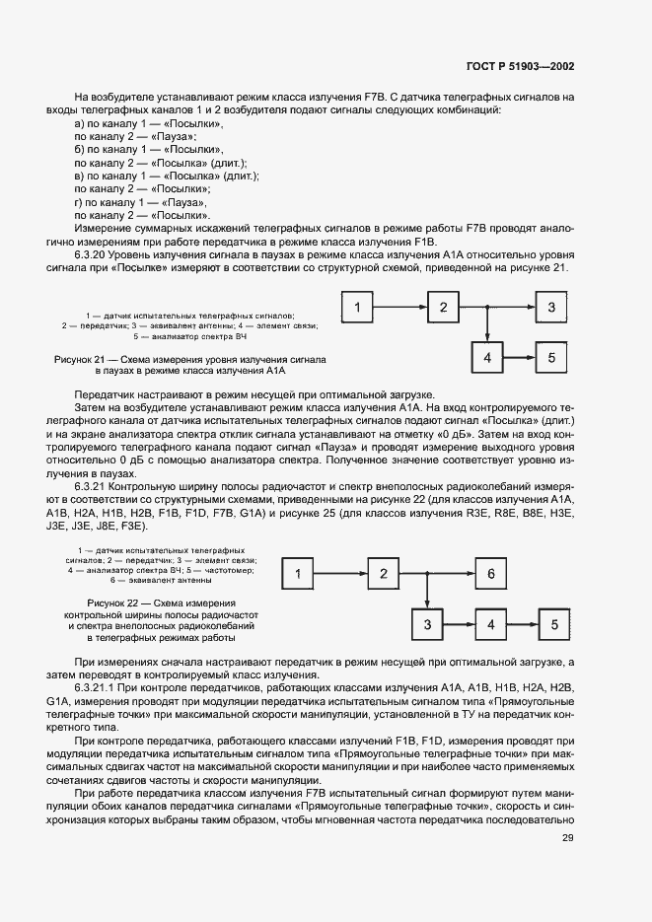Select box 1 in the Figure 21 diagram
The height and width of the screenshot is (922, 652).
(358, 309)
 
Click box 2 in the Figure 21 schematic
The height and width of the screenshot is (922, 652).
(444, 309)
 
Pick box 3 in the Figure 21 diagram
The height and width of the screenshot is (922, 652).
(551, 309)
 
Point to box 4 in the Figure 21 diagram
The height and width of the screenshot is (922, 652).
(487, 358)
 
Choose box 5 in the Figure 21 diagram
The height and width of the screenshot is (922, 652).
(551, 358)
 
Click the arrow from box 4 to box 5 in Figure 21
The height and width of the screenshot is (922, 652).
(520, 358)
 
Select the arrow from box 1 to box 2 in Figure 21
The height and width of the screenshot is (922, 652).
(401, 309)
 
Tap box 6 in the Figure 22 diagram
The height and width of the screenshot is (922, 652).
(491, 574)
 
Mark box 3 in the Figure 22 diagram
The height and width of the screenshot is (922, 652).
(427, 624)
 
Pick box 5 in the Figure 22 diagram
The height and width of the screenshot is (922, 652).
(554, 624)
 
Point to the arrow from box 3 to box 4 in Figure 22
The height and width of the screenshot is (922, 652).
(459, 624)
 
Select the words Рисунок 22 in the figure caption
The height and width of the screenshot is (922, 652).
(114, 603)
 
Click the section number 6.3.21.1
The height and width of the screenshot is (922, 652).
(101, 685)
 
